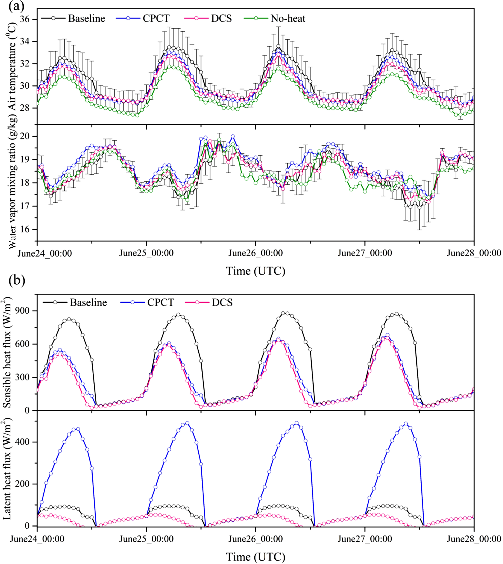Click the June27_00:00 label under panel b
click(x=365, y=539)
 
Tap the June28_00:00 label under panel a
click(x=474, y=253)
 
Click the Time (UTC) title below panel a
click(x=255, y=271)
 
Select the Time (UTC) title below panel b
click(x=255, y=557)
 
